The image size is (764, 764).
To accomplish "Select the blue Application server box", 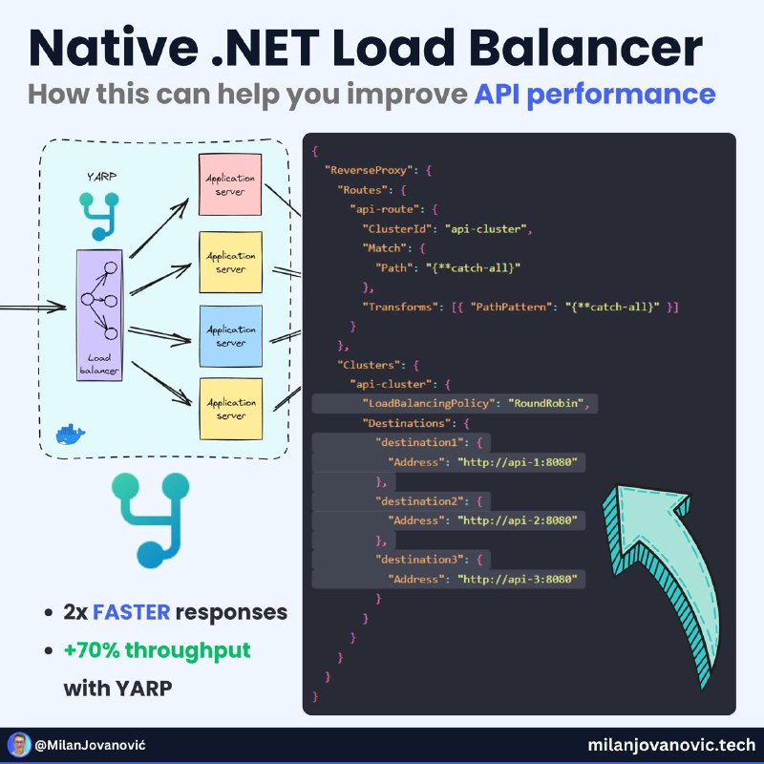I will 230,336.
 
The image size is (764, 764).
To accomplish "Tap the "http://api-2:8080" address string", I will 520,520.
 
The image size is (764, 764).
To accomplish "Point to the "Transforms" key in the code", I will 400,307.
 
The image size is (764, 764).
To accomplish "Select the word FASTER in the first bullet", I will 134,612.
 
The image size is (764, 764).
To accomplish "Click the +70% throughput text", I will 158,650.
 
